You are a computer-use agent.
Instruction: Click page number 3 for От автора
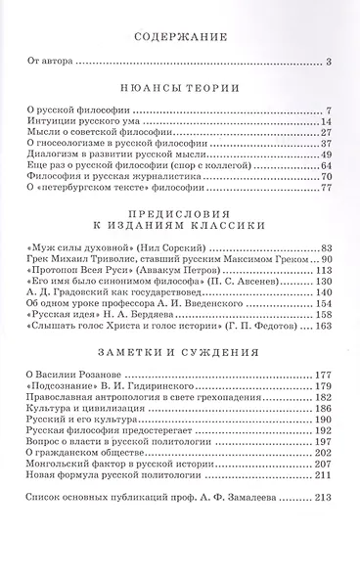[x=331, y=65]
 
